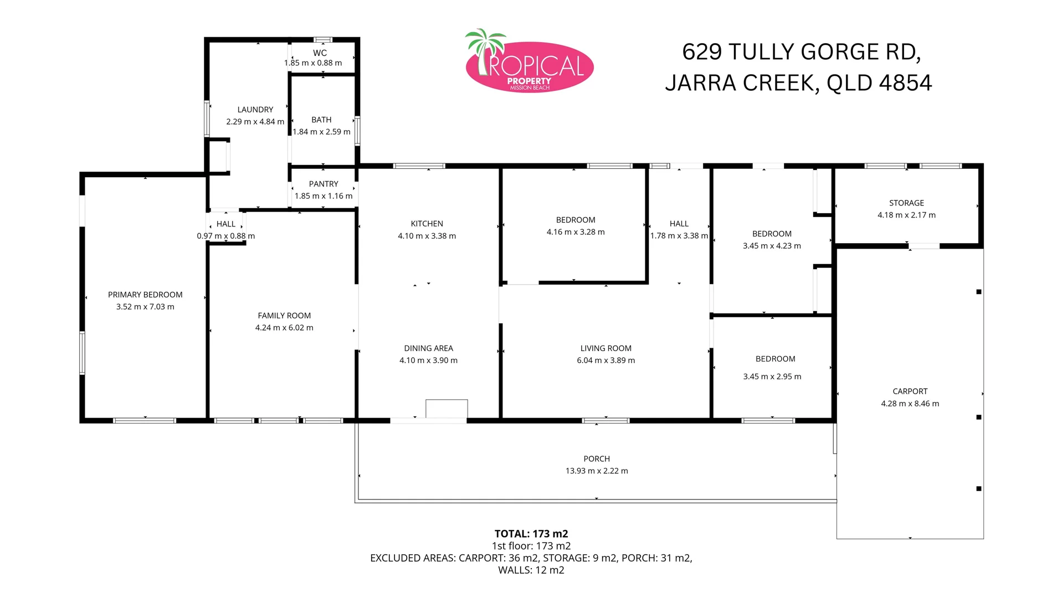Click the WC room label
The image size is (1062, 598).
320,53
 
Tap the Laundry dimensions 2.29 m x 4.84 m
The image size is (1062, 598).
255,122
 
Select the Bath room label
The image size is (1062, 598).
321,120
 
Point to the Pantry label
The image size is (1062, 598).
324,184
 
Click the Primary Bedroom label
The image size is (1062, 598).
145,295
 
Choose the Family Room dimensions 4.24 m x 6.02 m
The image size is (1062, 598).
284,328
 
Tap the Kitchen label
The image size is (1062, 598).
427,224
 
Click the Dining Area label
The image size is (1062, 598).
428,348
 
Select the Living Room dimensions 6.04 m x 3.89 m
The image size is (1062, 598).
606,360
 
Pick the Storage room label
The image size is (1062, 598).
906,203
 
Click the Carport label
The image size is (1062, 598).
910,391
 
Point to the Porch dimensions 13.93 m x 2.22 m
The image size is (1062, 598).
597,471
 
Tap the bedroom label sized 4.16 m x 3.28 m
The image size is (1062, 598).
576,220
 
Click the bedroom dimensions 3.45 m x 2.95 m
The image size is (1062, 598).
772,377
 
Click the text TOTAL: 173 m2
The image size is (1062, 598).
531,534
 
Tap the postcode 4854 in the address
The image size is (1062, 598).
905,83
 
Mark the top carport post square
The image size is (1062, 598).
978,292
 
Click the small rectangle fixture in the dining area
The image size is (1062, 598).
447,409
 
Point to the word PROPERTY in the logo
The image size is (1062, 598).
529,81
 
